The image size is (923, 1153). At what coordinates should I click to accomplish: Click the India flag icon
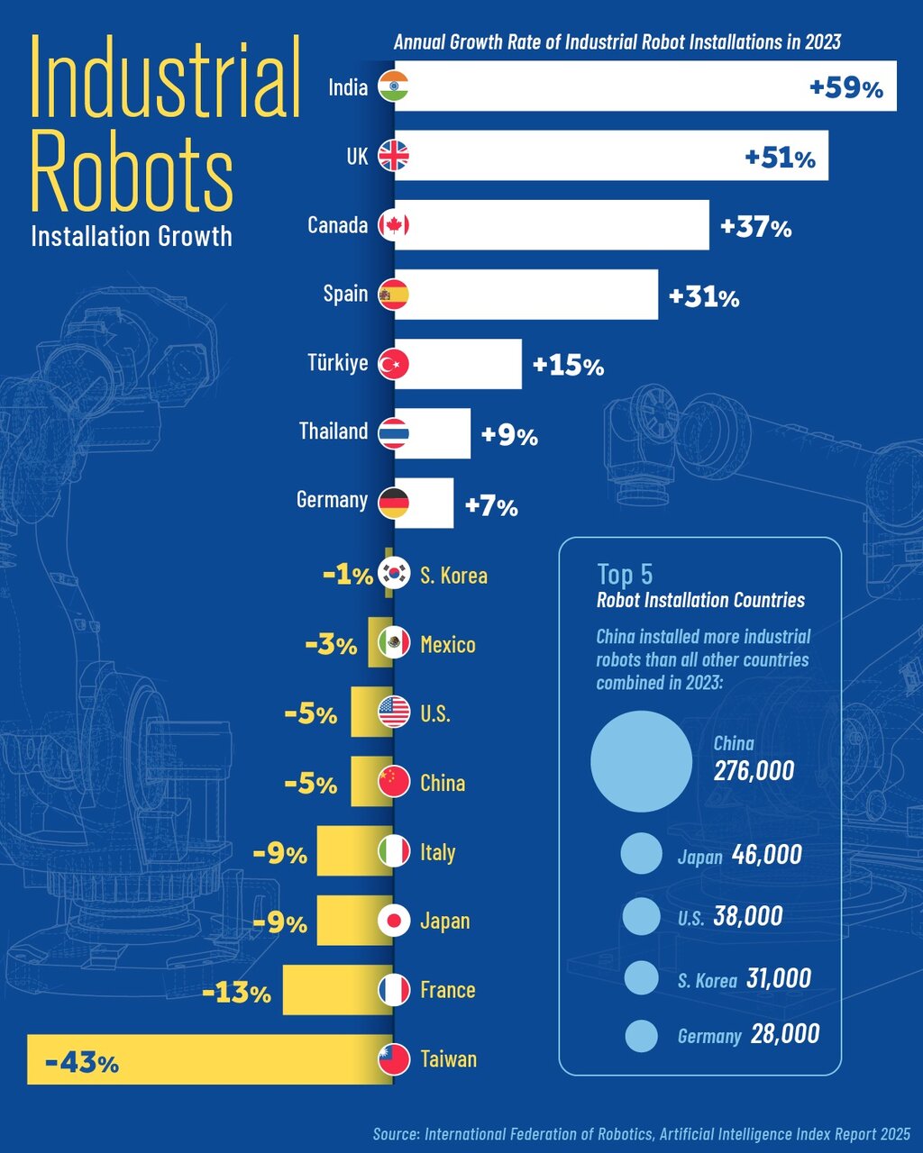394,86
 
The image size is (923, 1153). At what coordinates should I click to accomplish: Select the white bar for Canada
552,225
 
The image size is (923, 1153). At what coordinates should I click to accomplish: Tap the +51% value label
780,158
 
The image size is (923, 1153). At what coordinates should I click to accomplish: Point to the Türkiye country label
337,363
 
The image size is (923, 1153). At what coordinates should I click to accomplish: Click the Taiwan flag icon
394,1059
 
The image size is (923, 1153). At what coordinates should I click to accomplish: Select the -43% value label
81,1063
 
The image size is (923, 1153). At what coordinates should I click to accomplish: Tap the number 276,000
754,770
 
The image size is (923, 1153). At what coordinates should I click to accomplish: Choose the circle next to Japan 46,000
642,853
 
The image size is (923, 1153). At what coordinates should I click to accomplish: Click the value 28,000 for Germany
785,1034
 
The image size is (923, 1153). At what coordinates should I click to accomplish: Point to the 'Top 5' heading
625,574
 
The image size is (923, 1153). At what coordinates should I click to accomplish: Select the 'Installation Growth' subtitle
132,236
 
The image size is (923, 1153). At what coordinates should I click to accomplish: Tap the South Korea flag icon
394,573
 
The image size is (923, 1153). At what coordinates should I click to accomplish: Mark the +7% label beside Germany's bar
491,506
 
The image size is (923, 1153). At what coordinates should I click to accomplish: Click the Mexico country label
448,645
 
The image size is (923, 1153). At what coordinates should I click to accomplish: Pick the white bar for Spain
526,295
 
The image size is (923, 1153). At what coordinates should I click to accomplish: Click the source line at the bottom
641,1133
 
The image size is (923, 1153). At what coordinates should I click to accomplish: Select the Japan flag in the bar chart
394,921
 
